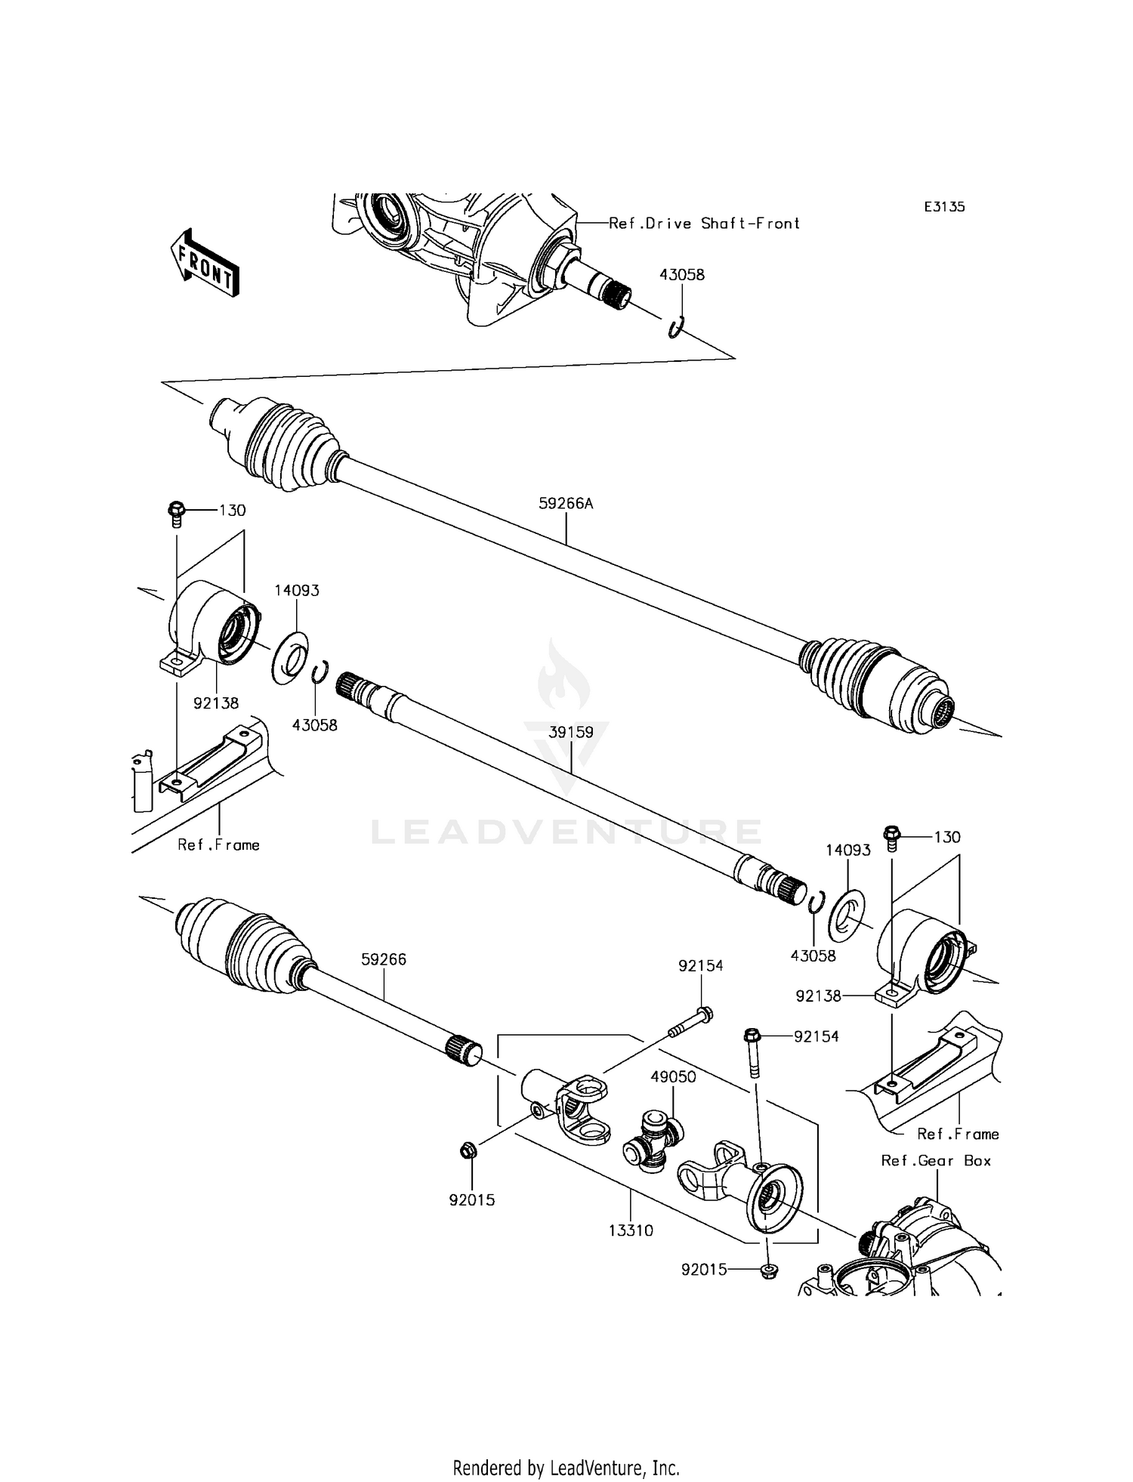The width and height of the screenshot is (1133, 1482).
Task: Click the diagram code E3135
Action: [x=944, y=206]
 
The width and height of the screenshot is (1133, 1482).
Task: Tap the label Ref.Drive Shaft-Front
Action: [x=704, y=224]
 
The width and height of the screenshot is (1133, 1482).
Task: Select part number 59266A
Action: [x=566, y=503]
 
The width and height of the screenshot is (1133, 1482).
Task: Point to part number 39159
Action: [x=570, y=732]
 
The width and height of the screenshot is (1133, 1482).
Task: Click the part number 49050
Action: [x=673, y=1076]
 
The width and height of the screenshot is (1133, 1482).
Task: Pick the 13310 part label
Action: [x=631, y=1230]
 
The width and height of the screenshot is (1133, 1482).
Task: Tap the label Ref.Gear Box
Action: [x=936, y=1160]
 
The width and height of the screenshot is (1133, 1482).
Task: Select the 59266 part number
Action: [x=384, y=959]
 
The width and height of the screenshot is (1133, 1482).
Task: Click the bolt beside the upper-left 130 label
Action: [x=177, y=513]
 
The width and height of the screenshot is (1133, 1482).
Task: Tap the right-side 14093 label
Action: [x=847, y=850]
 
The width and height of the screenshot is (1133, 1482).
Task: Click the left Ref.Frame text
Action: [x=218, y=845]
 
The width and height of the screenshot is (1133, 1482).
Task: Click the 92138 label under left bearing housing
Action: [x=216, y=703]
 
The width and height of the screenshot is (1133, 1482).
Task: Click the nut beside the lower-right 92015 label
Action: [x=768, y=1270]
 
